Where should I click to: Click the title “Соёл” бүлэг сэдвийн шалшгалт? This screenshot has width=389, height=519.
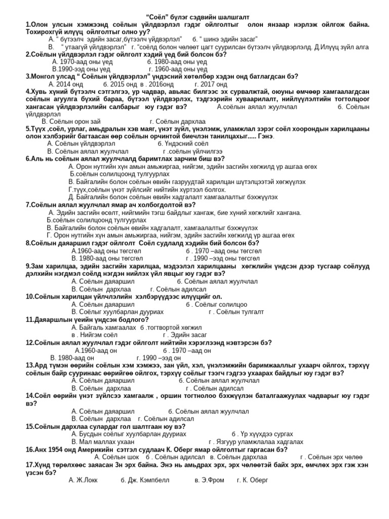pos(194,17)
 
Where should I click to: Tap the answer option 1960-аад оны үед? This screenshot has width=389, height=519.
pos(178,69)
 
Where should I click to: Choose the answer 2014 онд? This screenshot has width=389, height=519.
pos(66,84)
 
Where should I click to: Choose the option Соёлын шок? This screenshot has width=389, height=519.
pos(116,457)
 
